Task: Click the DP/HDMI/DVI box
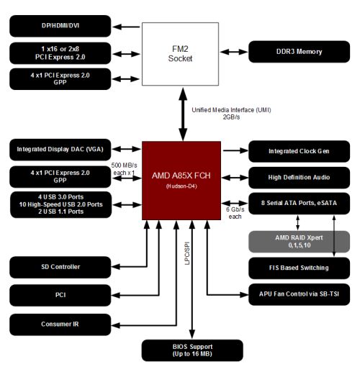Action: tap(60, 26)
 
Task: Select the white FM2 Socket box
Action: tap(180, 54)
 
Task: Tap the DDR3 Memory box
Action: tap(299, 52)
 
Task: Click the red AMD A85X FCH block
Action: tap(181, 181)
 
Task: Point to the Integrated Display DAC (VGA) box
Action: tap(60, 150)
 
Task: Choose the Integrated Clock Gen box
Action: tap(299, 151)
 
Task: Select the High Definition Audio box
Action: tap(299, 178)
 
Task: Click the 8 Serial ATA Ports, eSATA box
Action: tap(299, 204)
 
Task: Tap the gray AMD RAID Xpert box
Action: tap(299, 242)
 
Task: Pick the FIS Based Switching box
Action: tap(299, 268)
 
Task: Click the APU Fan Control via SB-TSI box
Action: tap(299, 294)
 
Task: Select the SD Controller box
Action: tap(60, 267)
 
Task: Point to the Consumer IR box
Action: tap(60, 324)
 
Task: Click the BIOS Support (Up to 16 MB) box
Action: tap(192, 350)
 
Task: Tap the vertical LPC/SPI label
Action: tap(187, 253)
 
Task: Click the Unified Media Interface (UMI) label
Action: tap(231, 110)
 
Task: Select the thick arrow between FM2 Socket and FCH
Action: tap(183, 114)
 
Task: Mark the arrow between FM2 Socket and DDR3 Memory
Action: tap(234, 52)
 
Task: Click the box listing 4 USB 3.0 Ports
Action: tap(61, 204)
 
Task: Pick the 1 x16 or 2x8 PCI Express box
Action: tap(60, 53)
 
